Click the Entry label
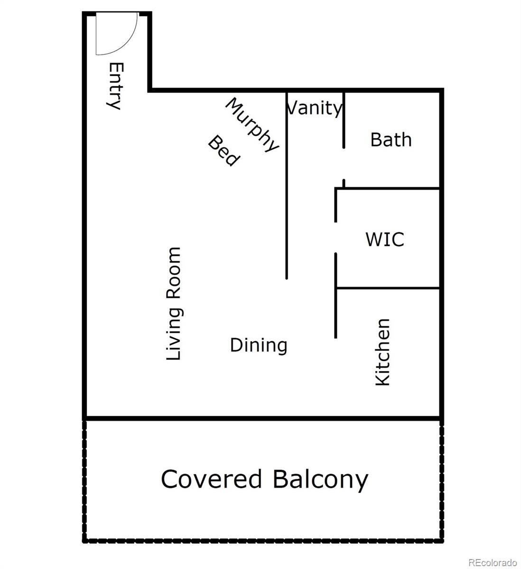116,86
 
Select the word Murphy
252,125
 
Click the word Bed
224,151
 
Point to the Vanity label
314,109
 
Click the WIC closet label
385,239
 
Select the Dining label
259,346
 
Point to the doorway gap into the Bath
344,164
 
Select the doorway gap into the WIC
335,237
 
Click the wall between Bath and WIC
387,188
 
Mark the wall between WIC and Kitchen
388,288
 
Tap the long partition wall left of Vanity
287,185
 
